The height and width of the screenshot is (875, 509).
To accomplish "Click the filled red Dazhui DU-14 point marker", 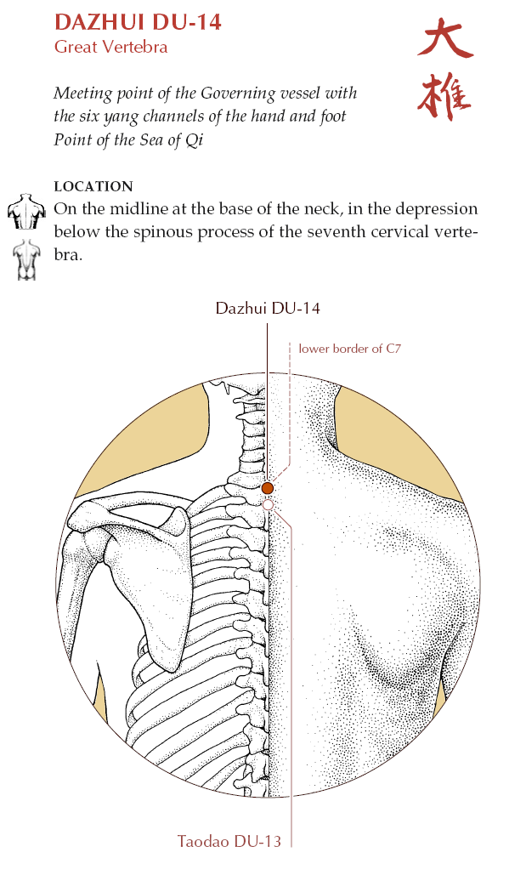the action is click(268, 488).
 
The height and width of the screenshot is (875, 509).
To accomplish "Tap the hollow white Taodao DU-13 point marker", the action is click(268, 505).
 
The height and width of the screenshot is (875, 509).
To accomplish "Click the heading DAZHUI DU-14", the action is click(138, 22).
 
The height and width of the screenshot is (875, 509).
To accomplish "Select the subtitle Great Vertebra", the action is click(111, 46).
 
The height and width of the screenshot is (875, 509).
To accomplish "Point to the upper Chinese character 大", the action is click(445, 38).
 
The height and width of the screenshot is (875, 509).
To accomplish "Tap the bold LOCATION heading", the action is click(93, 186).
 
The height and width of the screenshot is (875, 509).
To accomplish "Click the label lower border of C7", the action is click(349, 349).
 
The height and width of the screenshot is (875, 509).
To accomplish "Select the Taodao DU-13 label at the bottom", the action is click(229, 841).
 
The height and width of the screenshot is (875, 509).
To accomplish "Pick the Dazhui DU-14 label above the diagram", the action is click(268, 308).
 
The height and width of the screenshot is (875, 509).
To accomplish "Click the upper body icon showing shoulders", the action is click(26, 212).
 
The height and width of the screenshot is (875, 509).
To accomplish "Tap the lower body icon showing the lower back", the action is click(25, 259).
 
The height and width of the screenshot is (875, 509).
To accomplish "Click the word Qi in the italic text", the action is click(194, 140).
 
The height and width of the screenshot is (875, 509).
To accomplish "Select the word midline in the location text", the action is click(139, 208).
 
